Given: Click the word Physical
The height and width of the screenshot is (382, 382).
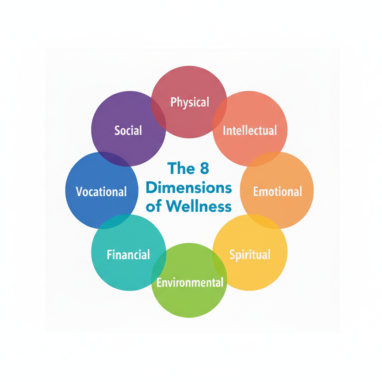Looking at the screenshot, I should tap(190, 102).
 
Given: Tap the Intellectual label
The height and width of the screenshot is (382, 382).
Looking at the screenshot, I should tap(250, 130).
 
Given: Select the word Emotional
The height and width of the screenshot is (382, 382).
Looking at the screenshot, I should tap(277, 191).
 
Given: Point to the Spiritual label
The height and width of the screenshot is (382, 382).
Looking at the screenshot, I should tap(250, 255).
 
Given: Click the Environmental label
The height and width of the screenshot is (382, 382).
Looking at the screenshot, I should tap(190, 282).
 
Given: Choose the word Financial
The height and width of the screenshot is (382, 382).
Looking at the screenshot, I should tap(128, 255).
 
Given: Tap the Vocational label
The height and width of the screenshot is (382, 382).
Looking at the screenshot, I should tap(101, 191).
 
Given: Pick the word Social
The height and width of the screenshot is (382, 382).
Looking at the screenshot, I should tap(128, 130).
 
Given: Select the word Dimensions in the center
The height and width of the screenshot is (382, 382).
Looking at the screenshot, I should tap(189, 187).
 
